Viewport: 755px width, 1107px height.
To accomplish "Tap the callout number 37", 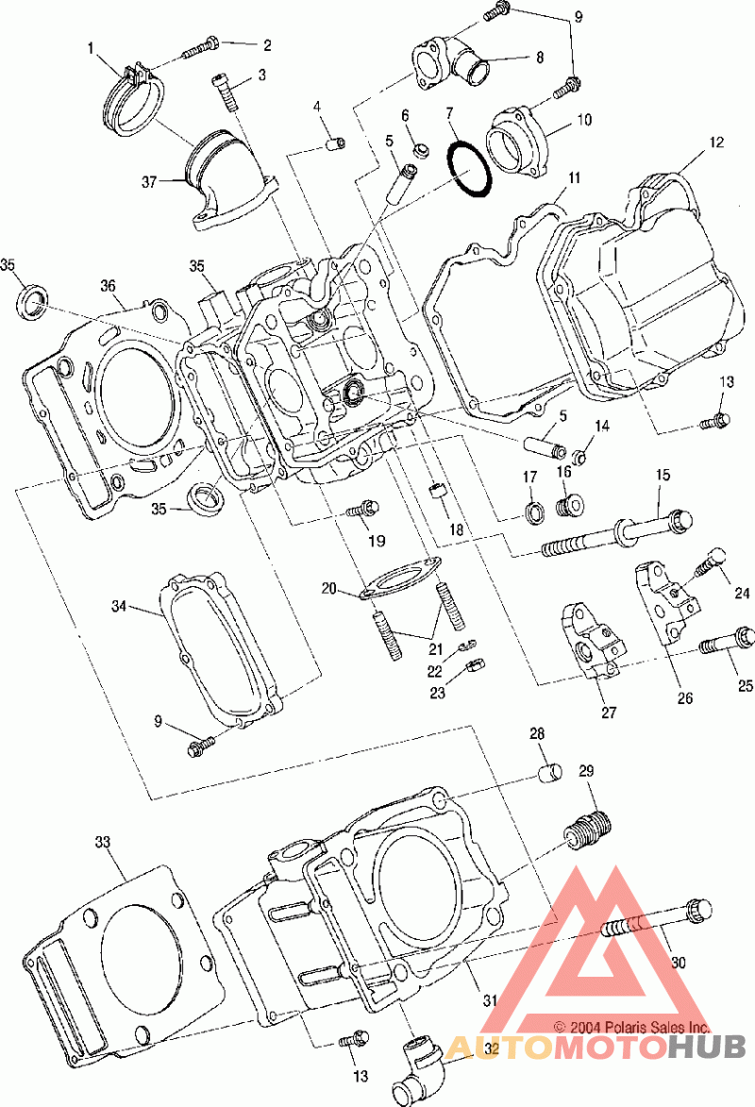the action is [x=149, y=182].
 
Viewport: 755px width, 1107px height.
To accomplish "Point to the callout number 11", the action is [x=574, y=177].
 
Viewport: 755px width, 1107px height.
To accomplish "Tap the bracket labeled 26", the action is [x=666, y=600].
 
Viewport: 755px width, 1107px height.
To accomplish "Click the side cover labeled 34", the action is [x=219, y=645].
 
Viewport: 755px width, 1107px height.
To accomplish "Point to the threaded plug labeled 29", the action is [x=588, y=830].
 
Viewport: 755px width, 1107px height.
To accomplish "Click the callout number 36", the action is [x=108, y=286].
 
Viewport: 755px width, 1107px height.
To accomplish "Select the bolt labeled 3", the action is [x=226, y=92].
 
